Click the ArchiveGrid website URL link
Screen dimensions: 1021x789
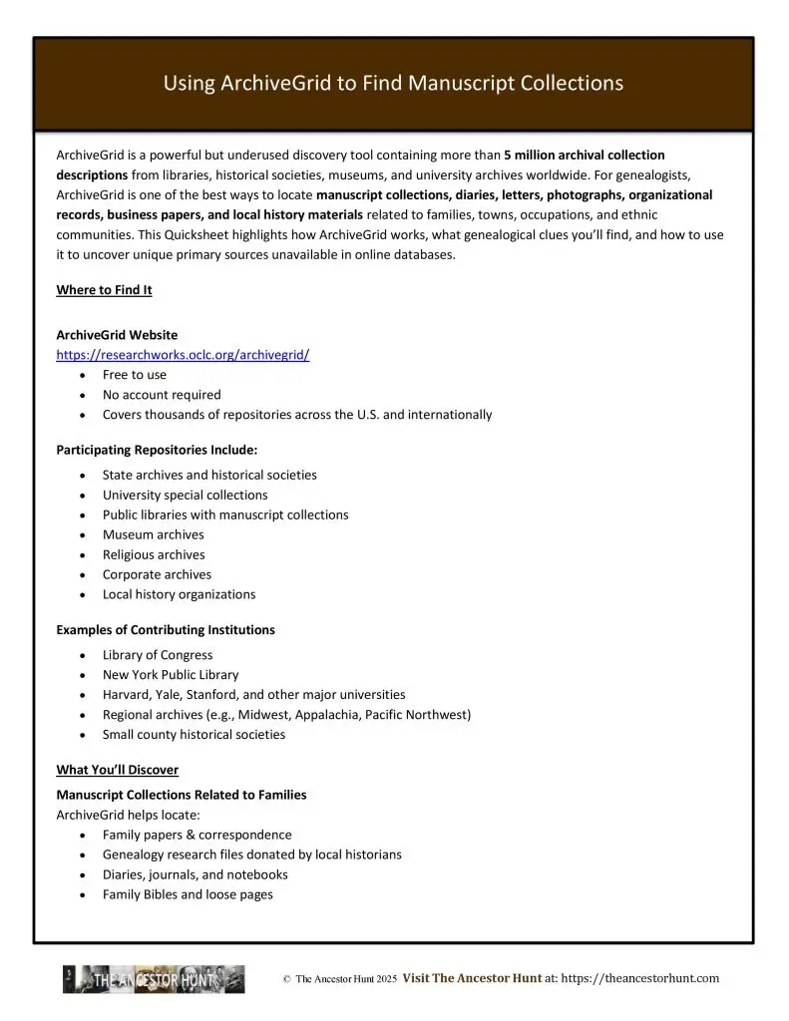pyautogui.click(x=183, y=355)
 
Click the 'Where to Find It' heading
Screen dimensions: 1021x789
pyautogui.click(x=104, y=290)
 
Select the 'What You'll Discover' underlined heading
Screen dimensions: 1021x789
pyautogui.click(x=117, y=770)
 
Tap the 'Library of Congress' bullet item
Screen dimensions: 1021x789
pyautogui.click(x=158, y=655)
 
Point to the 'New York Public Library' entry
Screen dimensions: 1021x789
pyautogui.click(x=171, y=675)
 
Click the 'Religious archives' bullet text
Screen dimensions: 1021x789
pyautogui.click(x=154, y=554)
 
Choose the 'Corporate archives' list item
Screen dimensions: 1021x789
pyautogui.click(x=157, y=574)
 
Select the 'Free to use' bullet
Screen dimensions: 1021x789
pyautogui.click(x=135, y=375)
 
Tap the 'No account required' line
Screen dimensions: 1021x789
pyautogui.click(x=162, y=395)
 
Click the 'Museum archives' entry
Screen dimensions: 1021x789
pyautogui.click(x=153, y=534)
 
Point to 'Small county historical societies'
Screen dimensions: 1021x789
pyautogui.click(x=194, y=735)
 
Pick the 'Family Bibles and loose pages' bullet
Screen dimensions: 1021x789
pyautogui.click(x=188, y=894)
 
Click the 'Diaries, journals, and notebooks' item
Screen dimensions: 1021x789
pyautogui.click(x=195, y=874)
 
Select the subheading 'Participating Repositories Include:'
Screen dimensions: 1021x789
pyautogui.click(x=157, y=450)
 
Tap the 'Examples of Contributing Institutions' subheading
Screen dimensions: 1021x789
pyautogui.click(x=166, y=630)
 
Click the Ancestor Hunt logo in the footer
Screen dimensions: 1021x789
pyautogui.click(x=154, y=979)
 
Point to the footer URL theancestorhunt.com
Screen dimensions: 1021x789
pyautogui.click(x=640, y=979)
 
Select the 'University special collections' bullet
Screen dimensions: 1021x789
pyautogui.click(x=185, y=495)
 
